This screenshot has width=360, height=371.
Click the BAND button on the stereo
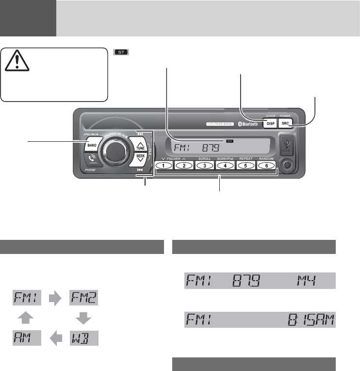91,145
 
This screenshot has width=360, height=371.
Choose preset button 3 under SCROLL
205,166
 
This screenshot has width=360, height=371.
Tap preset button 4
225,166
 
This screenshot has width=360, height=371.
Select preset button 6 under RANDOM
266,166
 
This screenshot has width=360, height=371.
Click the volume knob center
112,152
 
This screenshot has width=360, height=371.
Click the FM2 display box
84,296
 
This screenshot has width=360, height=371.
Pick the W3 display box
84,337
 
